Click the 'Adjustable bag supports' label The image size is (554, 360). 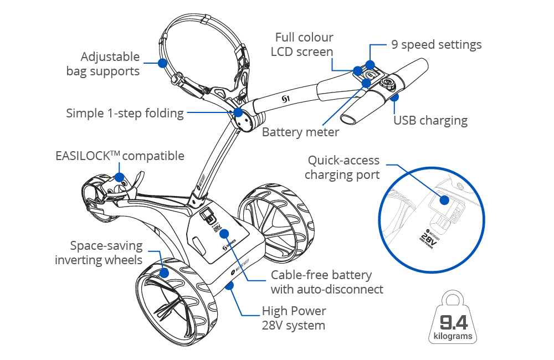point(110,64)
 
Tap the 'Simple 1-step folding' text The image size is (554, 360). point(125,114)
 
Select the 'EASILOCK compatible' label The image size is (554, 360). point(120,156)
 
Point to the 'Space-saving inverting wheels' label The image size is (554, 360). point(99,253)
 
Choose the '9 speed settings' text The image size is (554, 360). point(437,45)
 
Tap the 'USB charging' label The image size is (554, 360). point(430,120)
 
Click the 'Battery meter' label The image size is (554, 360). point(300,132)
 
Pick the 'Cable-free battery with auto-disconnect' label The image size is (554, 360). point(327,282)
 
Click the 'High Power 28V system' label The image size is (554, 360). point(294,318)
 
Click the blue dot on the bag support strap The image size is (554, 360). point(162,63)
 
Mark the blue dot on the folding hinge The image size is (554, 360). point(238,113)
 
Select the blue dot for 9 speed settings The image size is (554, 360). point(370,65)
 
